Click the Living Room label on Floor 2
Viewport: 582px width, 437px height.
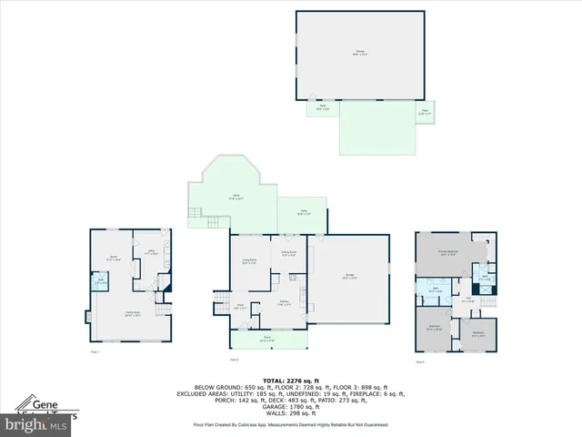point(248,261)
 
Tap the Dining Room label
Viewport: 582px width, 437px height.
point(288,254)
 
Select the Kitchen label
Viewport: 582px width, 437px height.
point(284,304)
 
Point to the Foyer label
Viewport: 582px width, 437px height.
point(242,307)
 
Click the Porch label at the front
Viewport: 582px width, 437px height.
point(268,340)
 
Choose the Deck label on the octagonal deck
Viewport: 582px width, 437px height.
point(235,198)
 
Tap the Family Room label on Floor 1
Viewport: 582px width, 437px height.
point(131,314)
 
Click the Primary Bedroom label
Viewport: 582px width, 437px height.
point(447,252)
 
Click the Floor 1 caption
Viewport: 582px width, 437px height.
point(95,351)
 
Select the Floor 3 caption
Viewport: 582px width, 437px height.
point(420,362)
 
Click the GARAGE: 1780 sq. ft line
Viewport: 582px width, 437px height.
point(290,406)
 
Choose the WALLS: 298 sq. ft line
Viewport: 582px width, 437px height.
point(290,412)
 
